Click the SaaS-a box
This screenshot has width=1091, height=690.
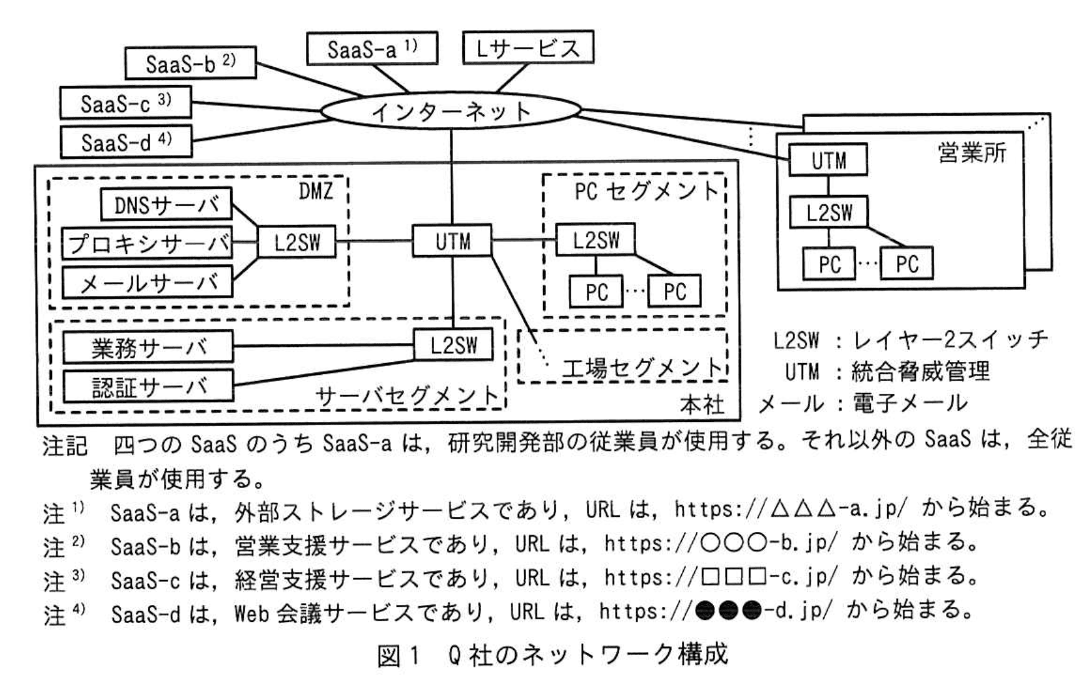coord(372,49)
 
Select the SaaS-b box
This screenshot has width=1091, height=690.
coord(190,63)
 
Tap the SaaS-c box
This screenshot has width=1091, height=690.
coord(125,103)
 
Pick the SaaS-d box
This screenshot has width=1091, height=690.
coord(126,142)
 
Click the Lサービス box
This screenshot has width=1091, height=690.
coord(527,47)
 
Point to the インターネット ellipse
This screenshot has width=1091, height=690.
coord(450,112)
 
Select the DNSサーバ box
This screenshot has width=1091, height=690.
coord(166,205)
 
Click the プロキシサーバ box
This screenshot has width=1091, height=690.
coord(148,243)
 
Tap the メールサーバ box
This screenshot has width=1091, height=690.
coord(148,283)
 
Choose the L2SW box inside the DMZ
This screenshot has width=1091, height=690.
coord(297,242)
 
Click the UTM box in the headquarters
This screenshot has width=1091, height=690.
coord(452,241)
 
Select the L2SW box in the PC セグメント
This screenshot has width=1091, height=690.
coord(595,240)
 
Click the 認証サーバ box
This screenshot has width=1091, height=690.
coord(148,386)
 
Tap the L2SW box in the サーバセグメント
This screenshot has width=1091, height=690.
coord(453,345)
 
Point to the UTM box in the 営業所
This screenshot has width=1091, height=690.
coord(828,160)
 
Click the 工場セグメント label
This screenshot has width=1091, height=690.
coord(642,369)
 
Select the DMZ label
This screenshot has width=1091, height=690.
coord(316,191)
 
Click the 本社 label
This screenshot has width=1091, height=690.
coord(702,404)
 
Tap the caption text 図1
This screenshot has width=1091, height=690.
coord(398,654)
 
